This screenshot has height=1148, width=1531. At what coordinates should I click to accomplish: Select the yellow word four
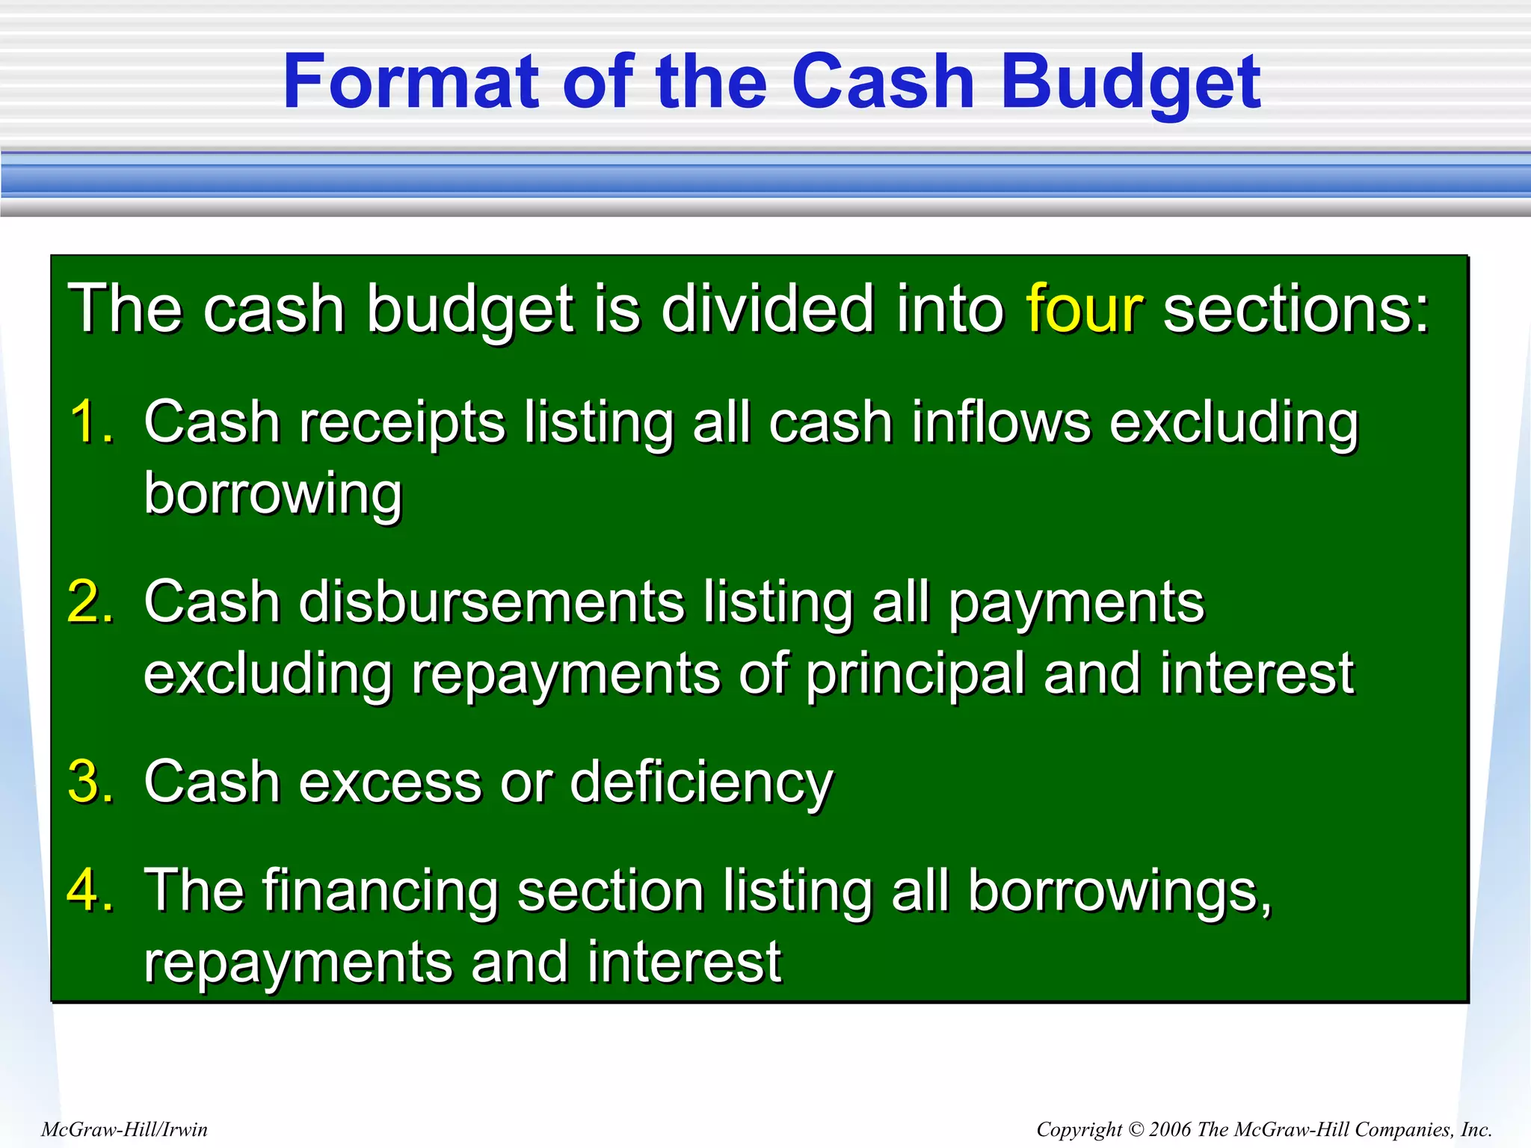pyautogui.click(x=1084, y=308)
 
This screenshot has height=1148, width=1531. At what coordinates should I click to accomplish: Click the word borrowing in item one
pyautogui.click(x=273, y=495)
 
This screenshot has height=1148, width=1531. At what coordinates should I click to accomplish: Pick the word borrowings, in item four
pyautogui.click(x=1119, y=892)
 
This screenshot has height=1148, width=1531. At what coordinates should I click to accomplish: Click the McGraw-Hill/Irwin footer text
pyautogui.click(x=124, y=1129)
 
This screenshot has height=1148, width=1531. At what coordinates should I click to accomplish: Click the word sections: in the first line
pyautogui.click(x=1296, y=308)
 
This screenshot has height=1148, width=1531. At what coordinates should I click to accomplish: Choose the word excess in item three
pyautogui.click(x=390, y=782)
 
